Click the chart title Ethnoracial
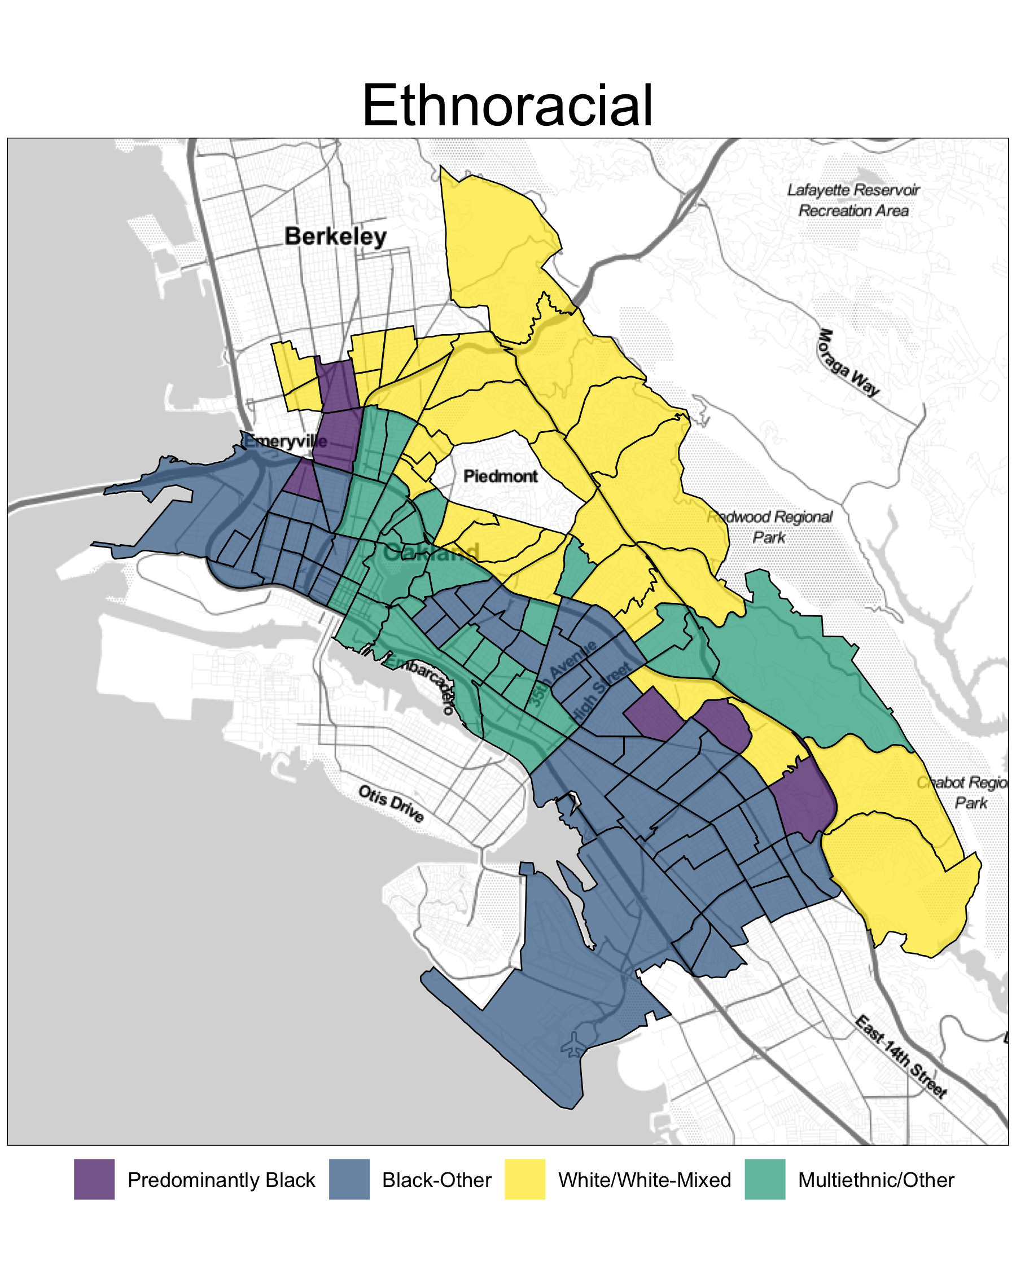pos(507,106)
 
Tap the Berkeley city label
pos(335,237)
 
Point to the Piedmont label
pos(500,476)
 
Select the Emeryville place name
pos(285,441)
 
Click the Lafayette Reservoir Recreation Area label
pos(853,200)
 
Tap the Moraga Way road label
pos(848,363)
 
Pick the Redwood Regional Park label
pos(770,527)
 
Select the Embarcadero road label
pos(423,682)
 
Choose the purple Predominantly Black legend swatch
pos(94,1180)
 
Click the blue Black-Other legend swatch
pos(349,1180)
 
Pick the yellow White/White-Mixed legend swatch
pos(525,1180)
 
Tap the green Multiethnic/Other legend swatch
pos(765,1180)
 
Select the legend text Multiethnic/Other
pos(876,1180)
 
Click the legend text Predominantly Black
pos(221,1180)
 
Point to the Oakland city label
pos(431,553)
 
